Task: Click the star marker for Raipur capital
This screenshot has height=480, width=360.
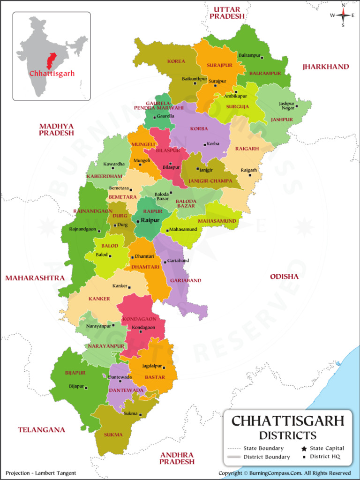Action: pos(138,220)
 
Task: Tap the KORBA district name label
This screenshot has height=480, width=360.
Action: pos(199,129)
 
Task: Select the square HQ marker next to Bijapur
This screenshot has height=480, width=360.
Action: pos(86,387)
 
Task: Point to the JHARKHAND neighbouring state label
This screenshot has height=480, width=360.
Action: pos(326,67)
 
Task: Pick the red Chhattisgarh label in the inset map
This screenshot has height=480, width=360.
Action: pos(52,74)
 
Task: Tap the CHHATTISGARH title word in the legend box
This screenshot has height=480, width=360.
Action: pos(288,420)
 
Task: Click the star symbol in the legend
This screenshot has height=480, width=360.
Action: pos(303,449)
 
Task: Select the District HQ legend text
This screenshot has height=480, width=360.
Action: pos(325,457)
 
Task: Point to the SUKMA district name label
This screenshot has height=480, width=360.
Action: pos(113,435)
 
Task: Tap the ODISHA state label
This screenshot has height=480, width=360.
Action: pos(284,277)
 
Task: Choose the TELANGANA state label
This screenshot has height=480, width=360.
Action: pos(41,429)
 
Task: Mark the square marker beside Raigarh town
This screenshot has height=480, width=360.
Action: pos(250,175)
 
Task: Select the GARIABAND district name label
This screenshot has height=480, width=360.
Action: pos(186,280)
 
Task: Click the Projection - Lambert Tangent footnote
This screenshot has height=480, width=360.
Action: pos(41,473)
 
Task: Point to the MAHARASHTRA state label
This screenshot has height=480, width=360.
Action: pos(35,278)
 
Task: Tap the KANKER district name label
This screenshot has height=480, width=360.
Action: pos(99,299)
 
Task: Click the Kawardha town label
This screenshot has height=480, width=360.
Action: pos(114,164)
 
